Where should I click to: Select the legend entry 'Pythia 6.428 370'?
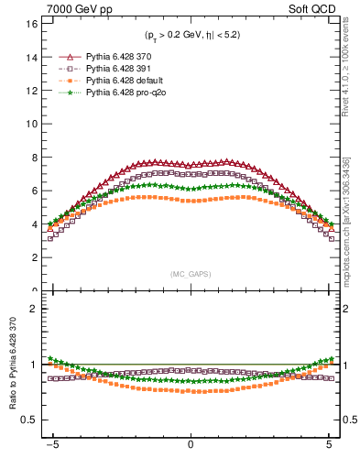pyautogui.click(x=115, y=57)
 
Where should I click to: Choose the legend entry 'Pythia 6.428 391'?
pyautogui.click(x=115, y=69)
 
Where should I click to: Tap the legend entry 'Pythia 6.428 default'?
pyautogui.click(x=120, y=81)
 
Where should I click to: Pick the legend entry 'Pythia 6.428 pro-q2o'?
pyautogui.click(x=122, y=93)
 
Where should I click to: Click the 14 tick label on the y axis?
pyautogui.click(x=31, y=57)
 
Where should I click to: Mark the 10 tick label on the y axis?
pyautogui.click(x=31, y=124)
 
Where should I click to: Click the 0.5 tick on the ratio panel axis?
pyautogui.click(x=29, y=420)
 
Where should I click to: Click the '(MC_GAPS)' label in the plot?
pyautogui.click(x=191, y=273)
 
